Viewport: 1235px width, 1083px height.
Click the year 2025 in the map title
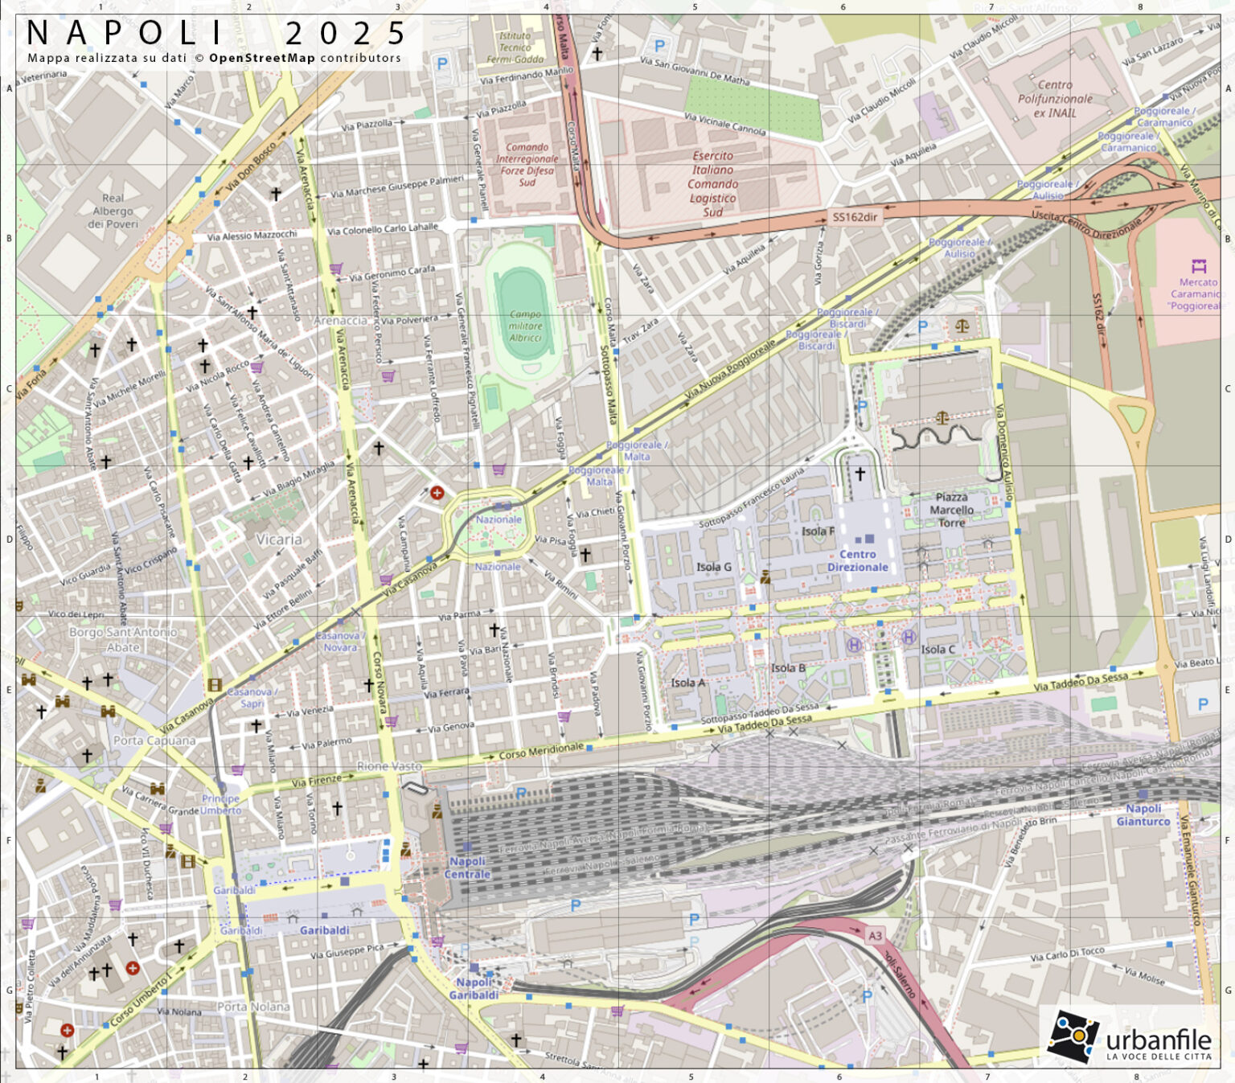coord(346,34)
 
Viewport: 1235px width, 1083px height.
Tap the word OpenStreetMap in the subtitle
coord(262,58)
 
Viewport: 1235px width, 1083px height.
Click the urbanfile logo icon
coord(1073,1036)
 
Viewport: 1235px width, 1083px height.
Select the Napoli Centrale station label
coord(467,868)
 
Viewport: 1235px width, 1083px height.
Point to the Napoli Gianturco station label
coord(1143,814)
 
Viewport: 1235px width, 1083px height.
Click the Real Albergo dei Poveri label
coord(113,211)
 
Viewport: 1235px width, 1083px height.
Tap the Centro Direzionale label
coord(858,560)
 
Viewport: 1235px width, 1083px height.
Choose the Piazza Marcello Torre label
coord(951,510)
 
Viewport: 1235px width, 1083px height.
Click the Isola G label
coord(713,567)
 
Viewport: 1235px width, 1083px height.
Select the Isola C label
coord(938,649)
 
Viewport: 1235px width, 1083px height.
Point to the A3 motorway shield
coord(875,935)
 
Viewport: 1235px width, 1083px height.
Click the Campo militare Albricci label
coord(525,326)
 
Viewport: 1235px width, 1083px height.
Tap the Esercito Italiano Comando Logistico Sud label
coord(712,183)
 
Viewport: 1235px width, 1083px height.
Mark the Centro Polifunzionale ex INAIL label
coord(1055,99)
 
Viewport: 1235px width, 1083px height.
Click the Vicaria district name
coord(279,539)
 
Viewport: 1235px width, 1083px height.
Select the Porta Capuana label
coord(154,740)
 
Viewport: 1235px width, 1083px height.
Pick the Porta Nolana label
coord(253,1006)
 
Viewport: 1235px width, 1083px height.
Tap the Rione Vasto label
coord(389,765)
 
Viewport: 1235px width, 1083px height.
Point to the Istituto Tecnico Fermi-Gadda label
coord(515,47)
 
